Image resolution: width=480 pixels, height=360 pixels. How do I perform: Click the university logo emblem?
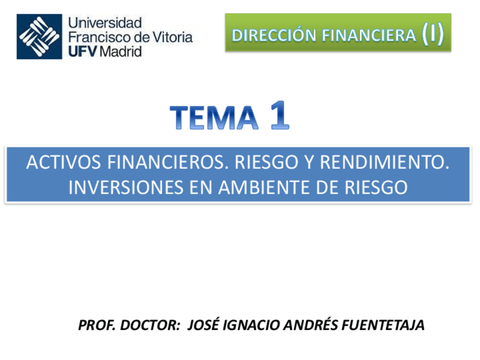(39, 36)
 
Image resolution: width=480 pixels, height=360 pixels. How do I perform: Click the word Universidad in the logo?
(104, 24)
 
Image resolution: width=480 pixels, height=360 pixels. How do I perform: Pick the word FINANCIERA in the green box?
(367, 35)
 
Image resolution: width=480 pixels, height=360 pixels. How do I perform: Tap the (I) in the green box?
(432, 34)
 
